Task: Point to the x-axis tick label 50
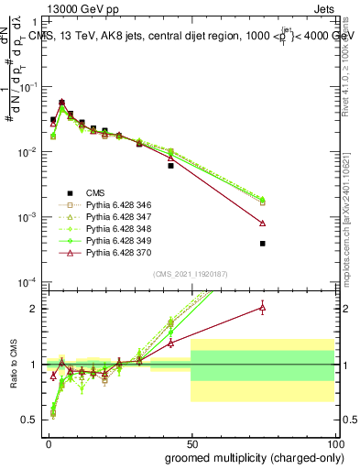click(x=191, y=442)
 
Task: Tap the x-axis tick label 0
click(x=48, y=442)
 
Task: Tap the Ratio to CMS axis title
click(x=12, y=363)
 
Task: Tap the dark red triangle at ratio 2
click(x=263, y=308)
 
